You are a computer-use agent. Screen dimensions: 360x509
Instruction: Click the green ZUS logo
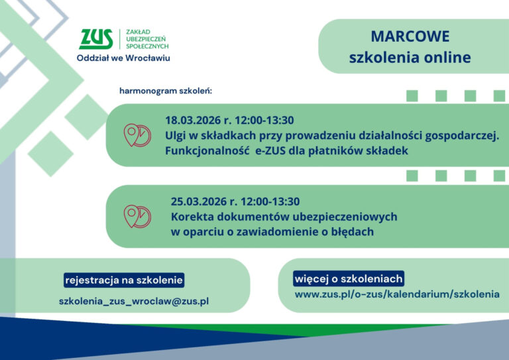(95, 40)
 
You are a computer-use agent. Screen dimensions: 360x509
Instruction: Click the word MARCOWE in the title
(410, 36)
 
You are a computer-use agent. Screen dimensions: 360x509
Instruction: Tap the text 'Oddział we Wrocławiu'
(123, 58)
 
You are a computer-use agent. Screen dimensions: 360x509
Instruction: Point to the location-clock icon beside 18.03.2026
(137, 135)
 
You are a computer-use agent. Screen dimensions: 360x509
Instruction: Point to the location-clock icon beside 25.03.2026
(137, 216)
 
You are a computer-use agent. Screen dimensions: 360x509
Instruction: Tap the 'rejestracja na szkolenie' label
(124, 280)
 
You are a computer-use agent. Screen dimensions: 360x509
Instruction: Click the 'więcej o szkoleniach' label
(349, 278)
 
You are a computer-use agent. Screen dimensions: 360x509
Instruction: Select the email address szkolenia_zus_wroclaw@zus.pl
(134, 301)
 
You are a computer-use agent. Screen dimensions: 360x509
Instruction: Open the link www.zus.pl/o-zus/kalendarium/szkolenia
(396, 294)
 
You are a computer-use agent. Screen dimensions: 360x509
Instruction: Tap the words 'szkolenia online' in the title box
(410, 58)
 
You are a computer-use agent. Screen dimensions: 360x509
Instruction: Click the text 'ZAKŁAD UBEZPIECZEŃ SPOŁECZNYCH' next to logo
(147, 39)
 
